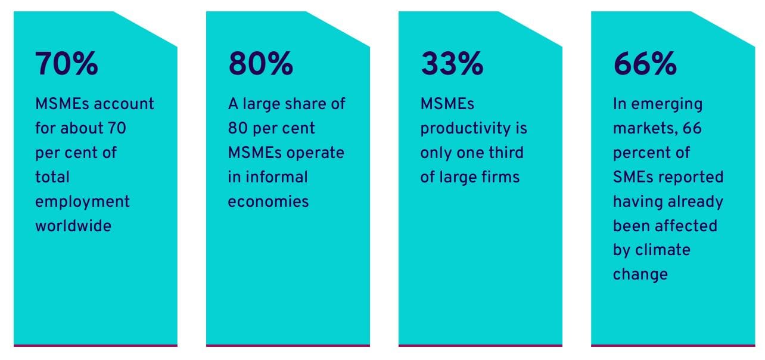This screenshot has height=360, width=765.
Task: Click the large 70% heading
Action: pyautogui.click(x=67, y=64)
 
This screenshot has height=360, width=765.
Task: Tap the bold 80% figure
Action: pyautogui.click(x=260, y=64)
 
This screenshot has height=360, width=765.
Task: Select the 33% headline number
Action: pyautogui.click(x=452, y=64)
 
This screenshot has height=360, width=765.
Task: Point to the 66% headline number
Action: pyautogui.click(x=645, y=64)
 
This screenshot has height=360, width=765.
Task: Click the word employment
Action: pyautogui.click(x=82, y=201)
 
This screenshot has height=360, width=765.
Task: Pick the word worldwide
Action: pyautogui.click(x=73, y=226)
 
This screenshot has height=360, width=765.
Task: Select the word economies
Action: pyautogui.click(x=268, y=201)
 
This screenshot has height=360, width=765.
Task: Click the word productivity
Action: pyautogui.click(x=473, y=128)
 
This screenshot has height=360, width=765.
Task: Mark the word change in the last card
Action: pyautogui.click(x=640, y=274)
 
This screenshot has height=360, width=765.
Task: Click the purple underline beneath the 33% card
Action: pyautogui.click(x=480, y=345)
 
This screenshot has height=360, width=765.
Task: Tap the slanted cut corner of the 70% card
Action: pyautogui.click(x=145, y=29)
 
